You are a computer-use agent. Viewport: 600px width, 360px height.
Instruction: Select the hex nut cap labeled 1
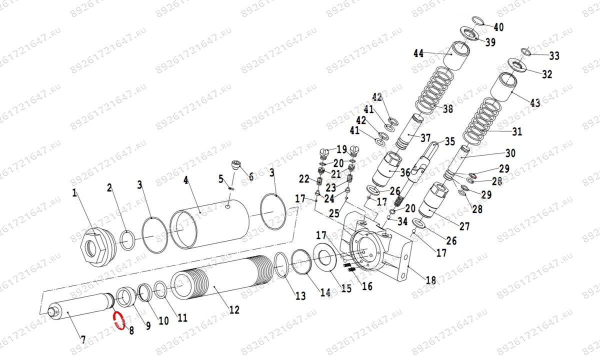tap(95, 246)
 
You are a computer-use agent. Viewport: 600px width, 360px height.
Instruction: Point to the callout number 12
tap(234, 310)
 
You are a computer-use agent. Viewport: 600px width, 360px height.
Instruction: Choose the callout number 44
tap(418, 53)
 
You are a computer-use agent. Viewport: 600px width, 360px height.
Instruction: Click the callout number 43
tap(535, 103)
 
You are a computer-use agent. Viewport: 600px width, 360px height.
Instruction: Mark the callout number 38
tap(447, 108)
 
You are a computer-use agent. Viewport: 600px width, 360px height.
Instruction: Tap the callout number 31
tap(516, 132)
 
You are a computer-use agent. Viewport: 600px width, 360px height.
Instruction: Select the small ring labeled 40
tap(477, 20)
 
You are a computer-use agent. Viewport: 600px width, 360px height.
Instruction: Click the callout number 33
tap(554, 55)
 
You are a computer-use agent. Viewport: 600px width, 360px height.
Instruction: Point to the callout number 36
tap(404, 172)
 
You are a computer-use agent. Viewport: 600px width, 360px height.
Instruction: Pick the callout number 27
tap(464, 226)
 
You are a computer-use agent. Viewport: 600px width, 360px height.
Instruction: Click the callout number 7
tap(83, 340)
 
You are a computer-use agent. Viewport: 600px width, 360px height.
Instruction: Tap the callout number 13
tap(300, 296)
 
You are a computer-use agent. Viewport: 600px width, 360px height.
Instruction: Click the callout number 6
tap(250, 176)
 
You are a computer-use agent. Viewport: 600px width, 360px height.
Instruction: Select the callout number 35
tap(450, 141)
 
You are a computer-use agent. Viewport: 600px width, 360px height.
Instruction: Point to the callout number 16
tap(367, 286)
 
